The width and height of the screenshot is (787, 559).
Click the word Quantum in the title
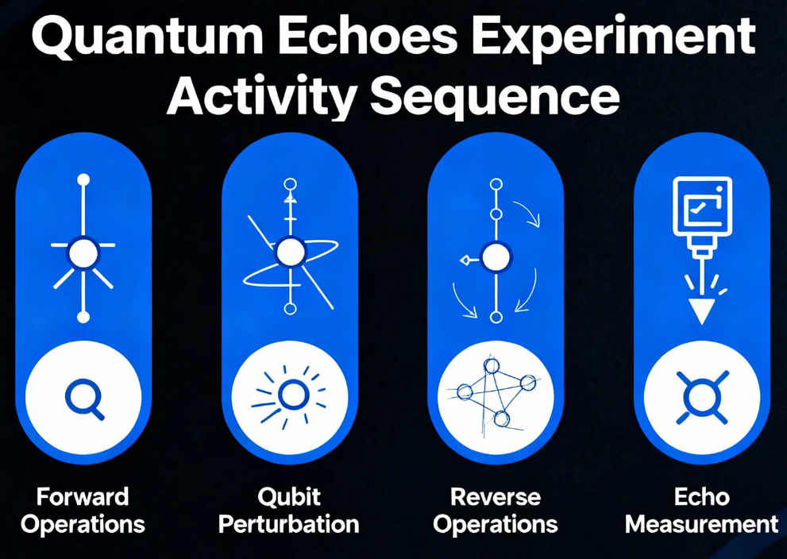tap(148, 37)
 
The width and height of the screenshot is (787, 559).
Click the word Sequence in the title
tap(495, 98)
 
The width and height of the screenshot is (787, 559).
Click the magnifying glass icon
tap(84, 399)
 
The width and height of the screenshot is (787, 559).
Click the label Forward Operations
tap(83, 511)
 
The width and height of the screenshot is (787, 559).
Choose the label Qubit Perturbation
tap(289, 511)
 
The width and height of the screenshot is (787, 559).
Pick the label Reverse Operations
tap(496, 511)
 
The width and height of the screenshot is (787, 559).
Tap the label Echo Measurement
tap(702, 511)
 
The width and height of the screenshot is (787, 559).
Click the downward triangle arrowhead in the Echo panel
tap(702, 311)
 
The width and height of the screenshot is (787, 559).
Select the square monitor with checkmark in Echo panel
tap(702, 206)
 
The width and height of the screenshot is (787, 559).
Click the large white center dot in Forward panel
tap(83, 253)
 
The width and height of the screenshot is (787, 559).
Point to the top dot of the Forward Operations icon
tap(83, 179)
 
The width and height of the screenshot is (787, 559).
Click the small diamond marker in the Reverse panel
tap(465, 260)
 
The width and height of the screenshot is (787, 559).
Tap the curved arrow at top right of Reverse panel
tap(527, 213)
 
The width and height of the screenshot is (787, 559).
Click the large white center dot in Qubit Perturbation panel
tap(290, 253)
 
